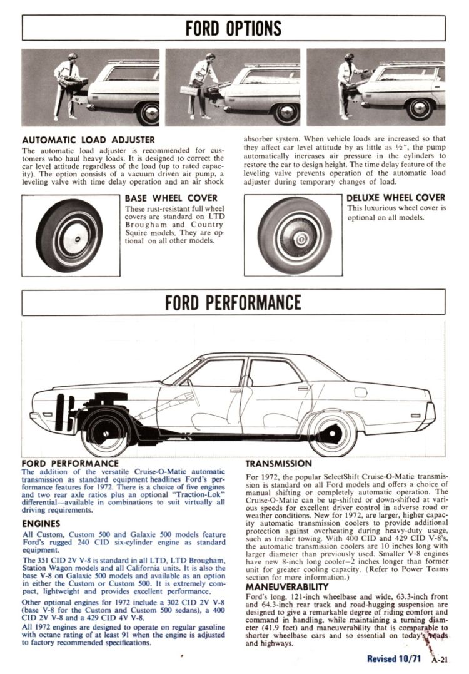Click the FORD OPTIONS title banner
tap(233, 28)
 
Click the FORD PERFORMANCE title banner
tap(233, 302)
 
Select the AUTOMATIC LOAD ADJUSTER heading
tap(88, 139)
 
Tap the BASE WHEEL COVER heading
tap(171, 198)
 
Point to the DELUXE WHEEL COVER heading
tap(395, 198)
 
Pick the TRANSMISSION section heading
tap(278, 464)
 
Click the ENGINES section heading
tap(41, 523)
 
